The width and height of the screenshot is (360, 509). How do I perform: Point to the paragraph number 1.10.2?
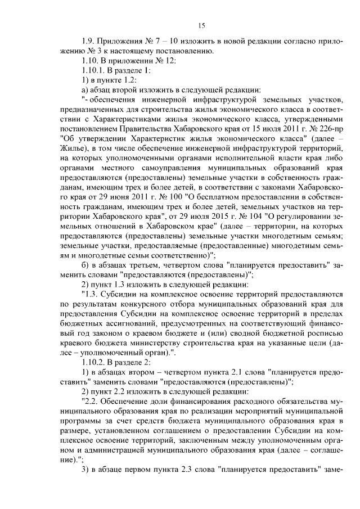pyautogui.click(x=93, y=362)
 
